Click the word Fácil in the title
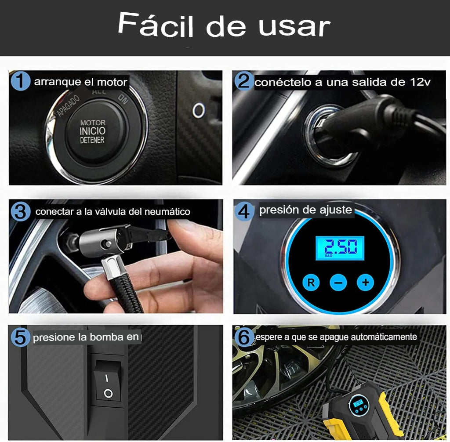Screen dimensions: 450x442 (156, 25)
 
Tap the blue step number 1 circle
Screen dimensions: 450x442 (21, 81)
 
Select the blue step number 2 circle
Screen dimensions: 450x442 (244, 81)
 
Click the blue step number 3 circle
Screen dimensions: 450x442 (21, 212)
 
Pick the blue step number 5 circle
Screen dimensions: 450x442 (21, 337)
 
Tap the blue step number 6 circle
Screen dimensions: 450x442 (244, 337)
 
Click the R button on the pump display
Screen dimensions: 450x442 (311, 283)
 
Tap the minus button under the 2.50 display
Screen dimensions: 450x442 (338, 283)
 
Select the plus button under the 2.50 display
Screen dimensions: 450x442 (365, 283)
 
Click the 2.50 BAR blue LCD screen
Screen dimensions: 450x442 (340, 248)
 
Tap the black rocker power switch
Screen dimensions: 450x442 (108, 380)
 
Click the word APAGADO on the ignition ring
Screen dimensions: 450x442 (68, 106)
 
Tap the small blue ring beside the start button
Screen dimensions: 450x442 (199, 111)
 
